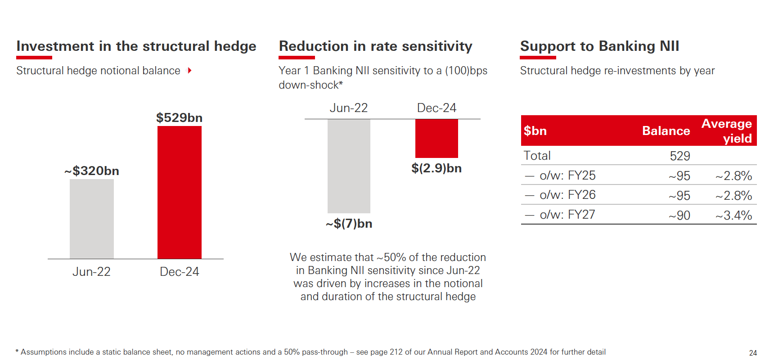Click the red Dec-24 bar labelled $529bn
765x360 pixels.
tap(179, 192)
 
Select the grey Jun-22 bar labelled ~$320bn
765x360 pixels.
tap(92, 219)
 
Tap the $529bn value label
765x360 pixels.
tap(179, 118)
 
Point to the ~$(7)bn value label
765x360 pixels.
tap(349, 224)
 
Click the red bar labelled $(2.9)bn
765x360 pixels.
tap(436, 138)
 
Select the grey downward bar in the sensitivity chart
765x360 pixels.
tap(349, 166)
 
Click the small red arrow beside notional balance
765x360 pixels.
tap(190, 71)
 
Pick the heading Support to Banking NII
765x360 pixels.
tap(599, 46)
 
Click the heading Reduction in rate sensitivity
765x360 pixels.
tap(375, 46)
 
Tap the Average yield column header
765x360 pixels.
tap(727, 130)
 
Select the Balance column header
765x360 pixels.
tap(666, 131)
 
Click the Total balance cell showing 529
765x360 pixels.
tap(679, 156)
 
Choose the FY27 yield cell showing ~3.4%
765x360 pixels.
tap(734, 216)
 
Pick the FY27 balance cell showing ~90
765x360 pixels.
tap(679, 216)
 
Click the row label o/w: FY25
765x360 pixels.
tap(567, 175)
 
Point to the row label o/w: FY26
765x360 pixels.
tap(567, 195)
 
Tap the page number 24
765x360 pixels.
tap(753, 353)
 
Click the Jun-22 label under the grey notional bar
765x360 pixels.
tap(91, 272)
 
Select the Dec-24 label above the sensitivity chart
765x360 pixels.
tap(436, 108)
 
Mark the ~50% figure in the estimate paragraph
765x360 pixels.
tap(391, 257)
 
